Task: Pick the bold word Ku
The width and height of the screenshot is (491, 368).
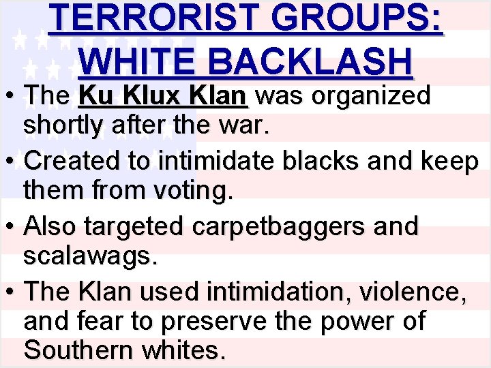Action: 93,96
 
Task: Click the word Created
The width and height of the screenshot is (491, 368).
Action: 70,161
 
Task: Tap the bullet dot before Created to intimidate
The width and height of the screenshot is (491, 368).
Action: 12,162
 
